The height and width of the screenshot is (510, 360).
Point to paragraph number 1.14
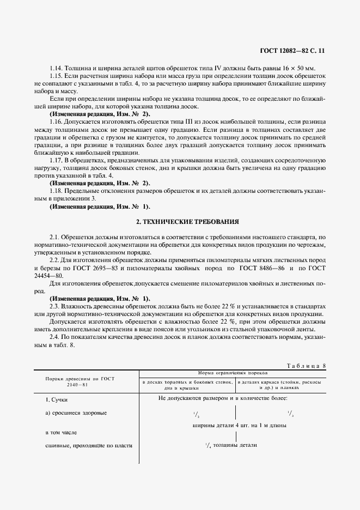[x=56, y=69]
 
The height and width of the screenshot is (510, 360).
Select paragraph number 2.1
[x=54, y=238]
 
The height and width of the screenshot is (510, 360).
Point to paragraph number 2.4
[x=54, y=337]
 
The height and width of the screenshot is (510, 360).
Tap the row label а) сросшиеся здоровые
[x=76, y=412]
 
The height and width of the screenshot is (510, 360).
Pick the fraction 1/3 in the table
[x=290, y=414]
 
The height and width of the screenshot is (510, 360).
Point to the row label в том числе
[x=61, y=433]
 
